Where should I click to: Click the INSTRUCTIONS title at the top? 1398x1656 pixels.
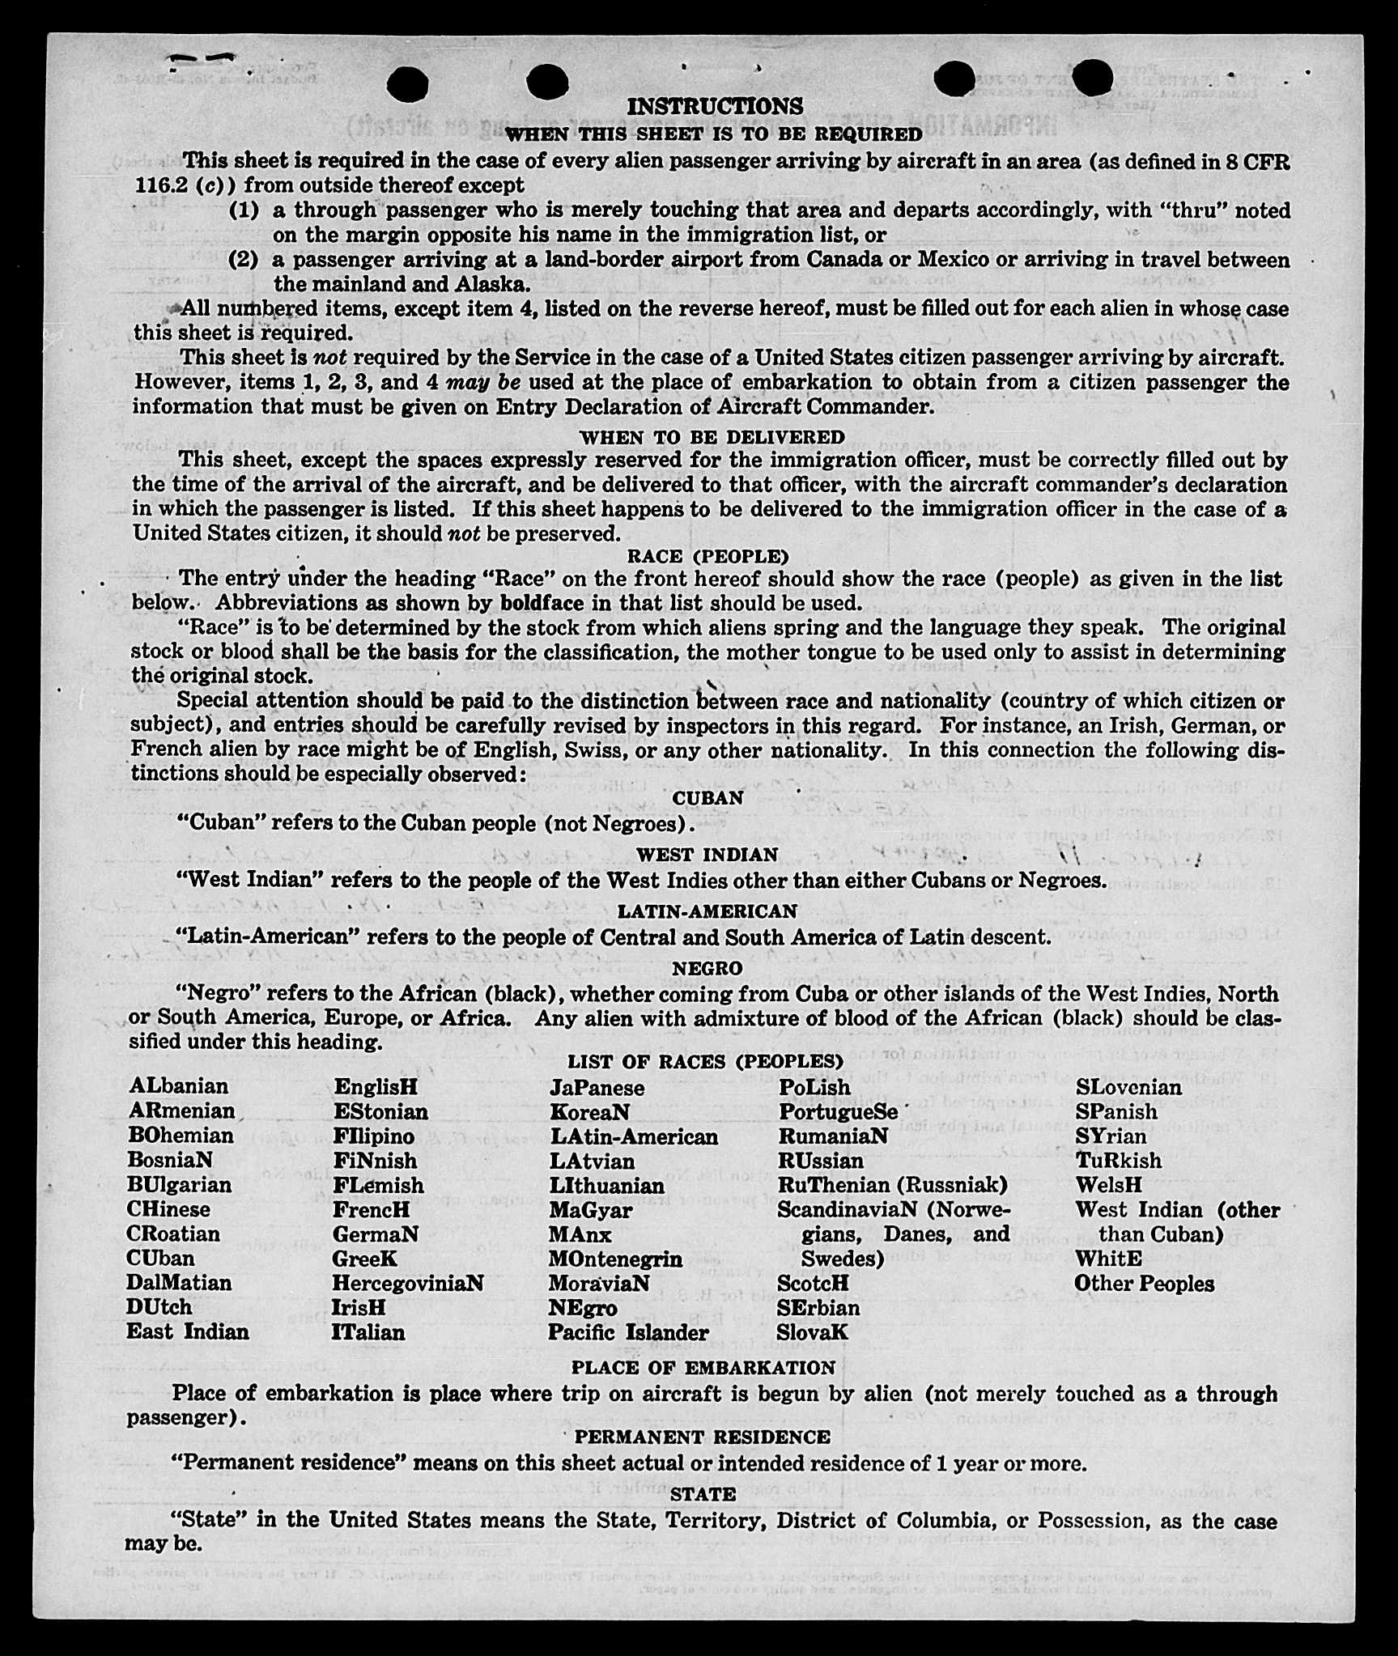point(715,106)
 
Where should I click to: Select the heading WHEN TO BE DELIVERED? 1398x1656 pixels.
point(712,437)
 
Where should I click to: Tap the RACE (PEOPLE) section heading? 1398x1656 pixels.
point(707,556)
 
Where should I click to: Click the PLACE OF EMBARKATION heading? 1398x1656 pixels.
point(703,1367)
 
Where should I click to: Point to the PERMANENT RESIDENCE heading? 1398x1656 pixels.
point(702,1437)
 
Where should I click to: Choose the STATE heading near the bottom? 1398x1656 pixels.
point(703,1493)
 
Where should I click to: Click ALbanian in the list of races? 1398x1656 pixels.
point(178,1085)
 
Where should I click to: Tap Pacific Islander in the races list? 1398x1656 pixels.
point(628,1331)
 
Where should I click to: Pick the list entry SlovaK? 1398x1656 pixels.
point(812,1331)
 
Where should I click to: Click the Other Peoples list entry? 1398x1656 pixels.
point(1144,1283)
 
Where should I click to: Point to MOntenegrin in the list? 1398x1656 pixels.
point(615,1259)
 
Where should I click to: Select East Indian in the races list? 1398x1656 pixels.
point(188,1331)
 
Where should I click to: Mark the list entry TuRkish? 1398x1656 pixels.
point(1118,1160)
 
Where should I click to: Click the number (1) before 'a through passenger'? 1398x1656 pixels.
point(244,210)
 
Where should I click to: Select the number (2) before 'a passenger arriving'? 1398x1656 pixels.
point(244,260)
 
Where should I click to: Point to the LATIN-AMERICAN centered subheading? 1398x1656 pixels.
point(707,911)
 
